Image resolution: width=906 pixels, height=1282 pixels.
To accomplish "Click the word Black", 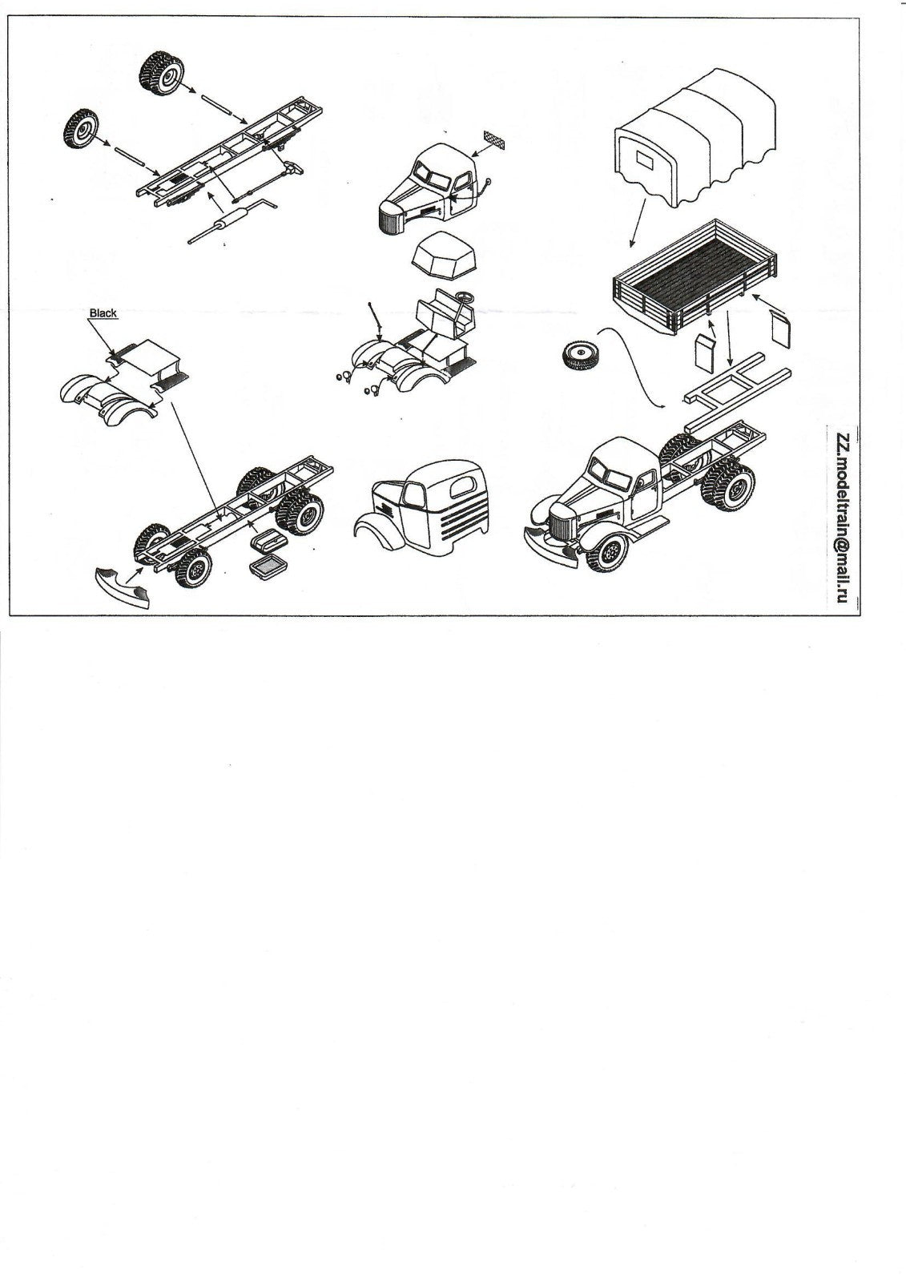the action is pos(103,312).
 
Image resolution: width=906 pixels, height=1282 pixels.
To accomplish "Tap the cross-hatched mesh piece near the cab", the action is pos(496,139).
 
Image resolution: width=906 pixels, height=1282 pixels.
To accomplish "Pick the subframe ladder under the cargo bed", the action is pos(739,390).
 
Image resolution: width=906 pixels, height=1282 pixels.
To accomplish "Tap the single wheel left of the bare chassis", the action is pos(81,128).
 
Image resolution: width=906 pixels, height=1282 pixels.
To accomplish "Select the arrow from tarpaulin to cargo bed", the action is pos(638,223).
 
